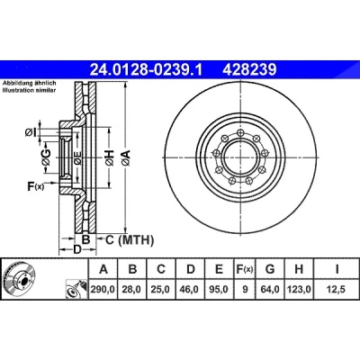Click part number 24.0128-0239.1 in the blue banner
pyautogui.click(x=147, y=70)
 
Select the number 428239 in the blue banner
pyautogui.click(x=249, y=70)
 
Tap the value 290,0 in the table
pyautogui.click(x=103, y=290)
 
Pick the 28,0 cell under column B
pyautogui.click(x=132, y=290)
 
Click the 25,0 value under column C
pyautogui.click(x=161, y=290)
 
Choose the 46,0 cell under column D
pyautogui.click(x=190, y=290)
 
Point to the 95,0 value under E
pyautogui.click(x=219, y=290)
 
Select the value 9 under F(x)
pyautogui.click(x=245, y=290)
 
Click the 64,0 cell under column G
pyautogui.click(x=270, y=290)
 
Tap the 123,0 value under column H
pyautogui.click(x=299, y=290)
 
